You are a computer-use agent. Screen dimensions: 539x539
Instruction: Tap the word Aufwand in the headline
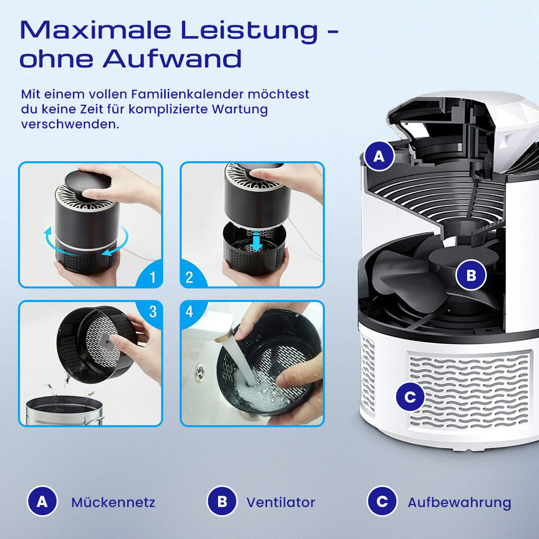pos(172,58)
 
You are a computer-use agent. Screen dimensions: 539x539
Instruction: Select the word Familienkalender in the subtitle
pos(187,94)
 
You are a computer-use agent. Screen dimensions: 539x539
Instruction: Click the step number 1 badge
pos(150,275)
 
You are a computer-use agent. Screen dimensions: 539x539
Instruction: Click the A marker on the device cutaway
pos(379,156)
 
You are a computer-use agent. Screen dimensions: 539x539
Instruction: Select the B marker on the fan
pos(471,275)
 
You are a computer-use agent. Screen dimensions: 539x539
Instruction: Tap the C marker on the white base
pos(410,397)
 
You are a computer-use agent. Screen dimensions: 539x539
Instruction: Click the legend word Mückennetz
pos(113,502)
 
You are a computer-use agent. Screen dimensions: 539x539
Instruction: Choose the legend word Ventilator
pos(280,502)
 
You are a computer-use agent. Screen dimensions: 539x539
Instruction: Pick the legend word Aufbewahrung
pos(459,503)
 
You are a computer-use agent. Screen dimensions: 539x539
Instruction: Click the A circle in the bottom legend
pos(42,501)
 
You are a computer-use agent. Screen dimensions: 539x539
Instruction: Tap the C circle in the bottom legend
pos(382,501)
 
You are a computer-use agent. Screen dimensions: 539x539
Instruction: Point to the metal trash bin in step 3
pos(64,410)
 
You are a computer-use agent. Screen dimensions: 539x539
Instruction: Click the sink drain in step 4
pos(200,372)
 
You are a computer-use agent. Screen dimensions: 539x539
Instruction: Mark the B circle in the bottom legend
pos(222,501)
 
